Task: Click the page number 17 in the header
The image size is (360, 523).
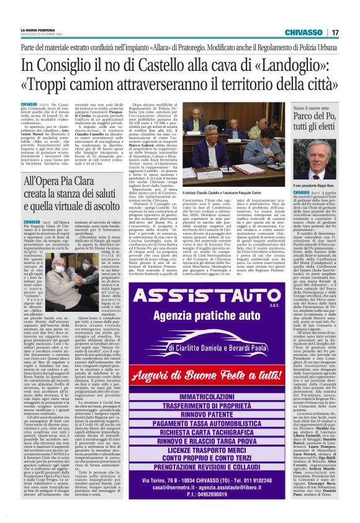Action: pyautogui.click(x=335, y=32)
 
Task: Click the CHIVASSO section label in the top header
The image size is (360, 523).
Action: pyautogui.click(x=304, y=32)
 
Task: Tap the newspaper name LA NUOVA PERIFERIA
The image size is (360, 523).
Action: pyautogui.click(x=36, y=29)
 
